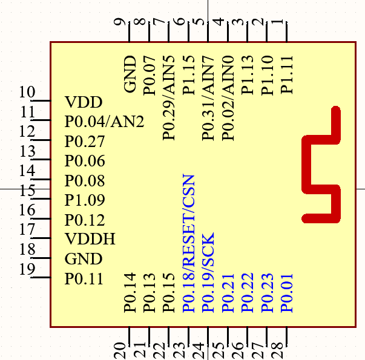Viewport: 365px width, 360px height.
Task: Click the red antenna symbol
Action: point(321,165)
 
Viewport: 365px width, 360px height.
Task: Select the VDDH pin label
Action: point(90,239)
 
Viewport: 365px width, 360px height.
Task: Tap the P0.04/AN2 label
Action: point(104,122)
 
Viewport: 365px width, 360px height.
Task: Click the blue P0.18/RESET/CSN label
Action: point(189,243)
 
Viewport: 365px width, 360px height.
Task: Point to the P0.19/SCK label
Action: point(208,273)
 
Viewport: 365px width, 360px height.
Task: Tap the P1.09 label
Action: point(85,200)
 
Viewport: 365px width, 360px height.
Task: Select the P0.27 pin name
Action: point(85,142)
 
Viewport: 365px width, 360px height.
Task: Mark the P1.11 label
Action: point(287,74)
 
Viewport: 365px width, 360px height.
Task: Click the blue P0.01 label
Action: point(287,293)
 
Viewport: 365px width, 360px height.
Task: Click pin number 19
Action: point(27,269)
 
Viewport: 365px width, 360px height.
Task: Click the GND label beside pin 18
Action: point(83,259)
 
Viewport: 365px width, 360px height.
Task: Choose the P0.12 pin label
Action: point(85,220)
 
